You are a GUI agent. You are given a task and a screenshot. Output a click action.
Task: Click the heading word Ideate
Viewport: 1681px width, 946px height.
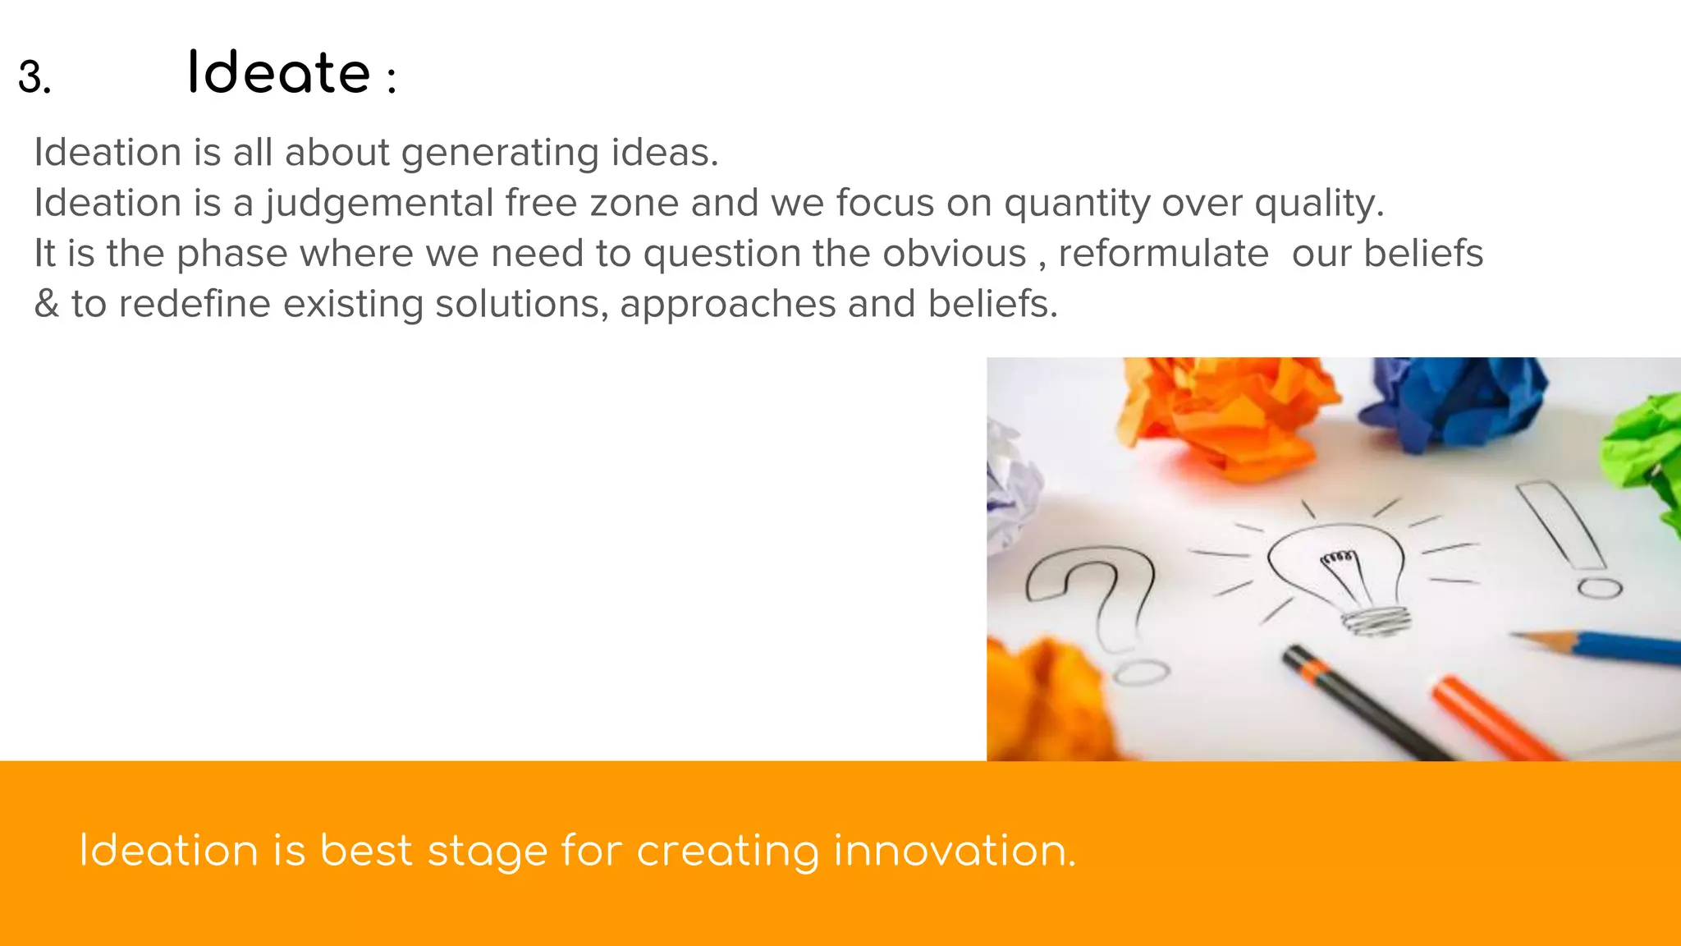[x=279, y=73]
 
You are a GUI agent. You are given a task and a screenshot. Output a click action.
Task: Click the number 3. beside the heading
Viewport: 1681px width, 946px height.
[x=34, y=78]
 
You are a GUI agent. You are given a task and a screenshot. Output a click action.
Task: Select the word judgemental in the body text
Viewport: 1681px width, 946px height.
[x=378, y=204]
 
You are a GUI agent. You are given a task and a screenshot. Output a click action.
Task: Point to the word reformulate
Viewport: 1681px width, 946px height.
[x=1163, y=253]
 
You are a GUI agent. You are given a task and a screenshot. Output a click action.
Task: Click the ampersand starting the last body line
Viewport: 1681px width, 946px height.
[x=47, y=304]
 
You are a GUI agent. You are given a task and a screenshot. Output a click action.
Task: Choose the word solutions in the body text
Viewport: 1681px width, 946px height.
[x=521, y=304]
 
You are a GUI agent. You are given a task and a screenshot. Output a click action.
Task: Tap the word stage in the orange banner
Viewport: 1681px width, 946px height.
[x=488, y=852]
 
